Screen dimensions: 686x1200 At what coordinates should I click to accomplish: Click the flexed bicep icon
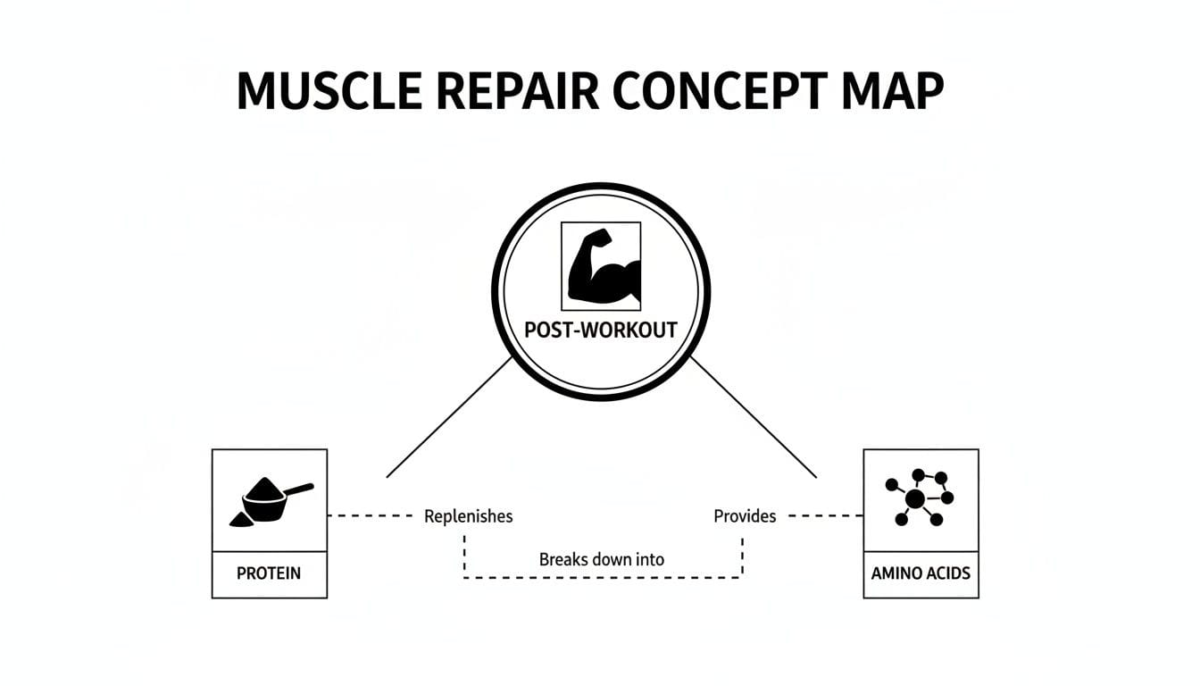(x=601, y=266)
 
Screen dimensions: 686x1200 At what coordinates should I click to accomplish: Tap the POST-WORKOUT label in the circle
(x=601, y=330)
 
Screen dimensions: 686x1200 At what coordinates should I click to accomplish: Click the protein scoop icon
(x=269, y=502)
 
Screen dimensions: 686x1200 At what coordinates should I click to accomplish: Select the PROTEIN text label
(x=269, y=573)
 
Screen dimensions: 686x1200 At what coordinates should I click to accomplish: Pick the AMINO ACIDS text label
(x=921, y=573)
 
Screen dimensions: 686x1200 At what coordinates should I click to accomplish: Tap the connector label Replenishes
(x=468, y=516)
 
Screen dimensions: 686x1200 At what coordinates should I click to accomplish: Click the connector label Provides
(x=745, y=516)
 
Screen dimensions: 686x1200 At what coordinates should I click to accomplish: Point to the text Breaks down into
(x=602, y=560)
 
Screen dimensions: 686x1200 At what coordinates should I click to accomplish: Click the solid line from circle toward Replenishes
(x=449, y=417)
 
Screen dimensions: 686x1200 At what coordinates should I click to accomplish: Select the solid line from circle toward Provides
(x=754, y=417)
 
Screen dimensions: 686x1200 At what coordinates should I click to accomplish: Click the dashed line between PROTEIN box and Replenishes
(x=371, y=516)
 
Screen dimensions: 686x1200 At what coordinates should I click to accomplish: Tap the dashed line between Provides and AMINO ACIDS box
(x=826, y=516)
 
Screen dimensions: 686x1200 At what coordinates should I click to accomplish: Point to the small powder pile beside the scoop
(x=239, y=519)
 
